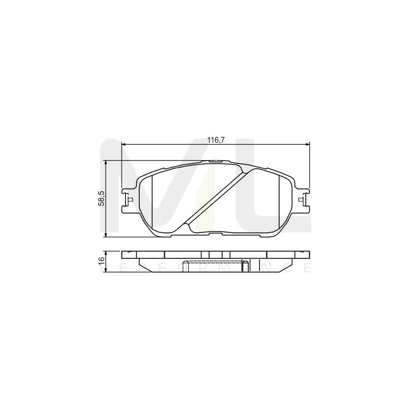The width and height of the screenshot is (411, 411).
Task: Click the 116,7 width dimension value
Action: (216, 140)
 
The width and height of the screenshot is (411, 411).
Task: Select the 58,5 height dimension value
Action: (101, 199)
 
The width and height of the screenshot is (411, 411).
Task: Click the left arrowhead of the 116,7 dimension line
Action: (124, 145)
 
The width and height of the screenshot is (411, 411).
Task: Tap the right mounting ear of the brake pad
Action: (302, 200)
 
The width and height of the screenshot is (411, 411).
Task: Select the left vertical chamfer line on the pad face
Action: (152, 201)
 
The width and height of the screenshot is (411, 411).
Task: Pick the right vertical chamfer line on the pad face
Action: (279, 201)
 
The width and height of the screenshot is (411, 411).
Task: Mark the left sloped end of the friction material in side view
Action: (142, 263)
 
